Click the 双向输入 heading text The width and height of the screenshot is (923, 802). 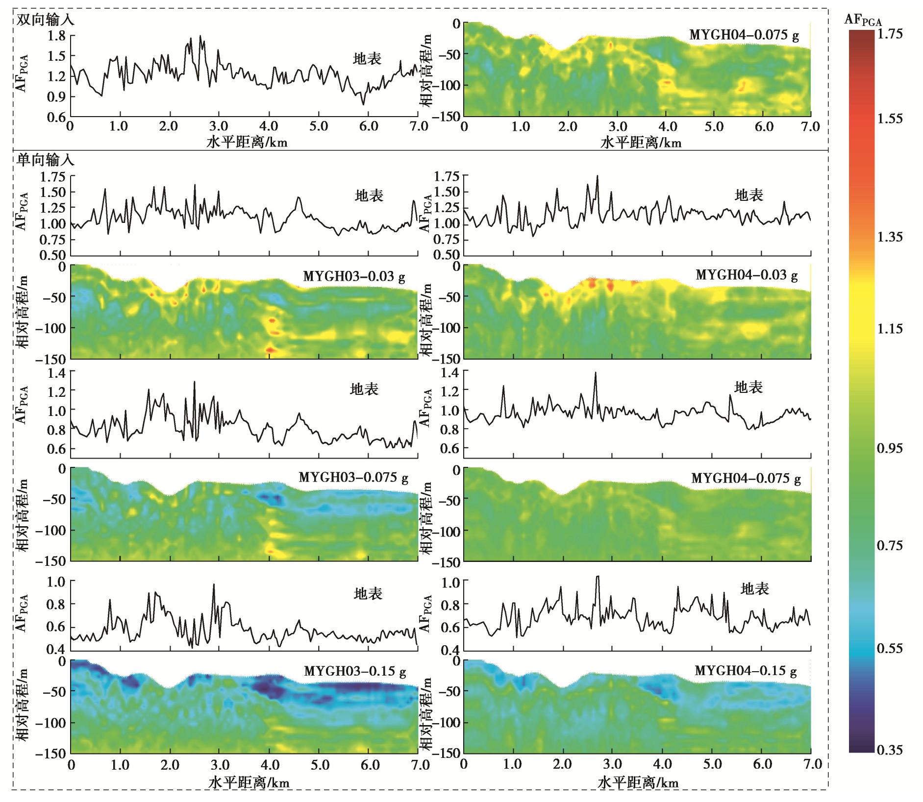pyautogui.click(x=45, y=21)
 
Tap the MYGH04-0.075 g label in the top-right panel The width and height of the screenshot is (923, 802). pyautogui.click(x=744, y=35)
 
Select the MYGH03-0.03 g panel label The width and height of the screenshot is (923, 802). pyautogui.click(x=354, y=276)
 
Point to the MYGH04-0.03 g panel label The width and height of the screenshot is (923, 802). pyautogui.click(x=747, y=275)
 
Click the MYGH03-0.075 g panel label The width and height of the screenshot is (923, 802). pyautogui.click(x=353, y=478)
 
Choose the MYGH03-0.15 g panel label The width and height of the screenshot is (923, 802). pyautogui.click(x=354, y=671)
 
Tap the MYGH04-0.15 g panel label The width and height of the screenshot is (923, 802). pyautogui.click(x=746, y=671)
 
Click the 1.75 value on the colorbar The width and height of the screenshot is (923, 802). pyautogui.click(x=890, y=34)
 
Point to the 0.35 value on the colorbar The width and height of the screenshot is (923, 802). pyautogui.click(x=890, y=750)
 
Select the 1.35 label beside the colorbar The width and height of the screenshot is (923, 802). pyautogui.click(x=890, y=237)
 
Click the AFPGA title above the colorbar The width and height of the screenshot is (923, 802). pyautogui.click(x=863, y=20)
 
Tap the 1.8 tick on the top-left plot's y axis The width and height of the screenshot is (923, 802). pyautogui.click(x=56, y=36)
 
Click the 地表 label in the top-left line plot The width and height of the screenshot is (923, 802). pyautogui.click(x=367, y=59)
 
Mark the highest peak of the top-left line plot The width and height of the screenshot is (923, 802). pyautogui.click(x=200, y=36)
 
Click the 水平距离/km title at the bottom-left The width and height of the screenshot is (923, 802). pyautogui.click(x=249, y=782)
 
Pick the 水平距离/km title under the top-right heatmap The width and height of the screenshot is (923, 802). pyautogui.click(x=641, y=143)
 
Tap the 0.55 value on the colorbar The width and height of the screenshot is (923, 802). pyautogui.click(x=890, y=648)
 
